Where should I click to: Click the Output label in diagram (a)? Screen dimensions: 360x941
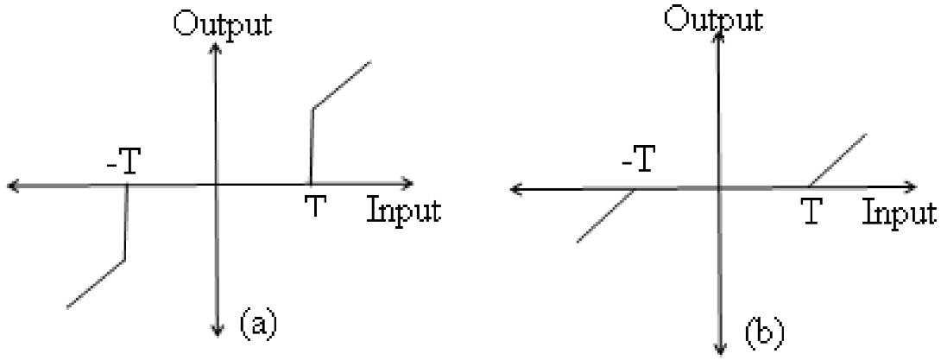[x=222, y=23]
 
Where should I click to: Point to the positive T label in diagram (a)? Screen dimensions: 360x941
[x=317, y=207]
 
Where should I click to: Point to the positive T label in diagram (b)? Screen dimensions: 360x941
[x=810, y=210]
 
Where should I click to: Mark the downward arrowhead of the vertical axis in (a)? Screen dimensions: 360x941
[x=216, y=331]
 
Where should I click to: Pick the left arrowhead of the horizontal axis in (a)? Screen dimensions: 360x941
[x=13, y=185]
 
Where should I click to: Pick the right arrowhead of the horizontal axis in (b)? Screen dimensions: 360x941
[x=910, y=186]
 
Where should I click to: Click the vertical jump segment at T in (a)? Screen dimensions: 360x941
[x=311, y=145]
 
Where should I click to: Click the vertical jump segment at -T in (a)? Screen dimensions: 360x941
[x=126, y=222]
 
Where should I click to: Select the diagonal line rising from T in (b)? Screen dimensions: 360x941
[x=837, y=160]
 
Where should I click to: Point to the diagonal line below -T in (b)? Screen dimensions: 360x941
[x=605, y=215]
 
